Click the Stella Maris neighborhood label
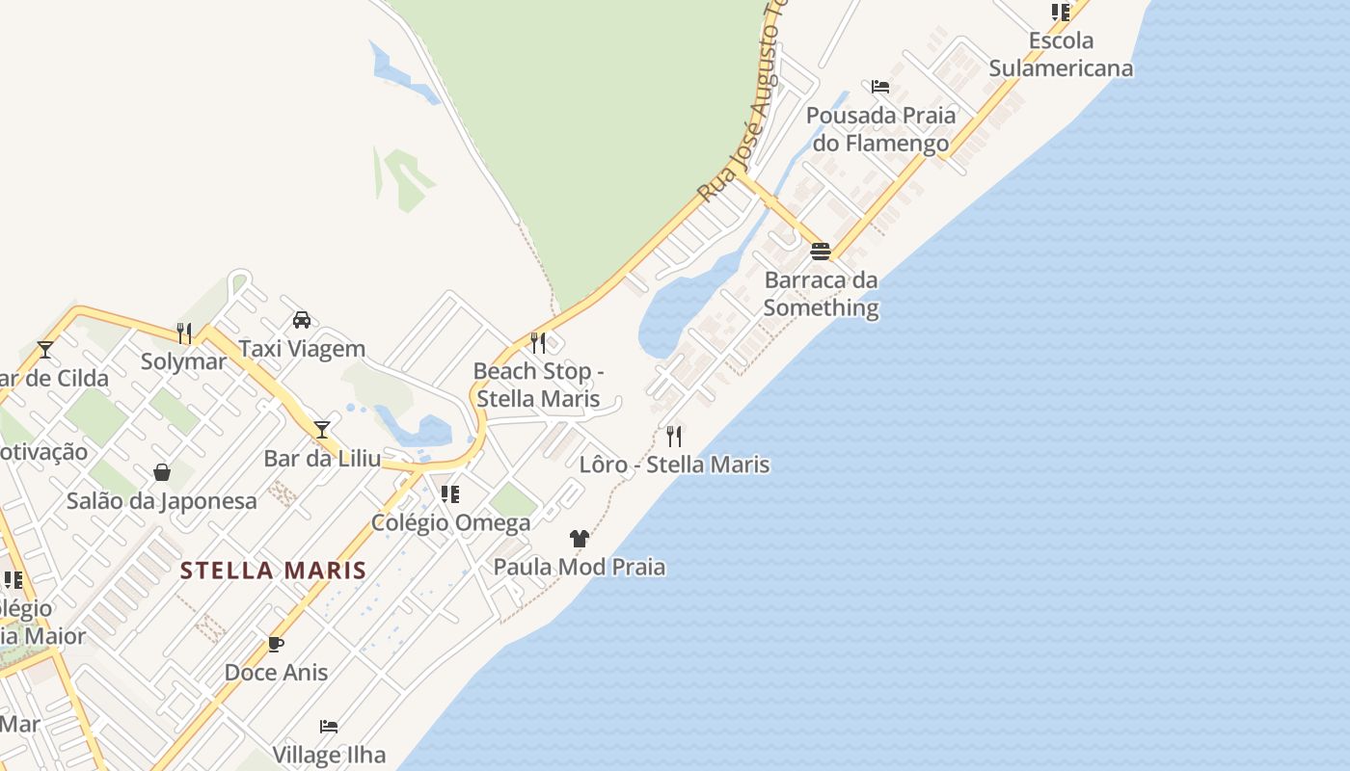[274, 571]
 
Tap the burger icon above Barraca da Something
[821, 252]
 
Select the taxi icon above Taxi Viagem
[302, 320]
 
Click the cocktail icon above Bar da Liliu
[322, 430]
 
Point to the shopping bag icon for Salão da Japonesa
[162, 472]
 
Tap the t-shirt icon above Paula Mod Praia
[580, 539]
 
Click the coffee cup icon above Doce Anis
[276, 644]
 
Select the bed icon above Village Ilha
[329, 727]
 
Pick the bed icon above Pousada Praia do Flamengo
[880, 87]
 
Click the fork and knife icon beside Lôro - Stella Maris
[674, 437]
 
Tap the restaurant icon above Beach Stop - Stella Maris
[538, 343]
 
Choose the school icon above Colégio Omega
[450, 494]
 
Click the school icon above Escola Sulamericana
[1061, 13]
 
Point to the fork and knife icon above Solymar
[184, 333]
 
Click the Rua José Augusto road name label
[739, 106]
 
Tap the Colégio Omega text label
[451, 523]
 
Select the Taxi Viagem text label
[302, 349]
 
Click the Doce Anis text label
[276, 673]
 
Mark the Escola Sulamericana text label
[1061, 54]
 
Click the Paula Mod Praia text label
[580, 567]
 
